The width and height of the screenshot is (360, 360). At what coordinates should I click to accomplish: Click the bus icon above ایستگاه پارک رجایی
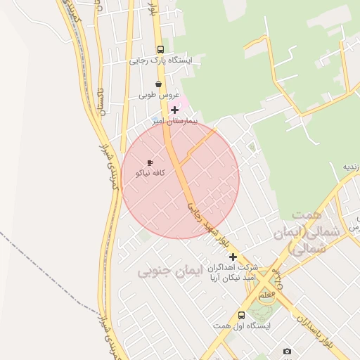[x=160, y=50]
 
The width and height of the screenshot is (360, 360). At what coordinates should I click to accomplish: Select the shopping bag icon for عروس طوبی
[x=158, y=84]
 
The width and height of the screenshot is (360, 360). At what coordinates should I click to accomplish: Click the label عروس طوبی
[x=159, y=94]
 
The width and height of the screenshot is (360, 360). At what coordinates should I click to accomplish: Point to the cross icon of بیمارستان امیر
[x=175, y=110]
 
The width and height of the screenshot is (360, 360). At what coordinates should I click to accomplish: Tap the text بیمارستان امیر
[x=176, y=121]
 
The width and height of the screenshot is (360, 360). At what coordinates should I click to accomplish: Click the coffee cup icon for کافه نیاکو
[x=150, y=162]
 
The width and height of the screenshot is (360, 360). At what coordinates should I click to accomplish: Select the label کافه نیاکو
[x=150, y=174]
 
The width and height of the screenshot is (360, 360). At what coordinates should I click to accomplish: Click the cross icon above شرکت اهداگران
[x=233, y=257]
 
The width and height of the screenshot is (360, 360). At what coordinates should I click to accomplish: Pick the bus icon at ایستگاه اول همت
[x=241, y=315]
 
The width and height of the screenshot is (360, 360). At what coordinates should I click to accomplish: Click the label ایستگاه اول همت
[x=242, y=326]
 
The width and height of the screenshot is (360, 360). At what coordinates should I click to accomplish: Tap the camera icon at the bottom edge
[x=287, y=351]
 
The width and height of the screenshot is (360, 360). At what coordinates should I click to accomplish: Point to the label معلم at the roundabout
[x=266, y=296]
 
